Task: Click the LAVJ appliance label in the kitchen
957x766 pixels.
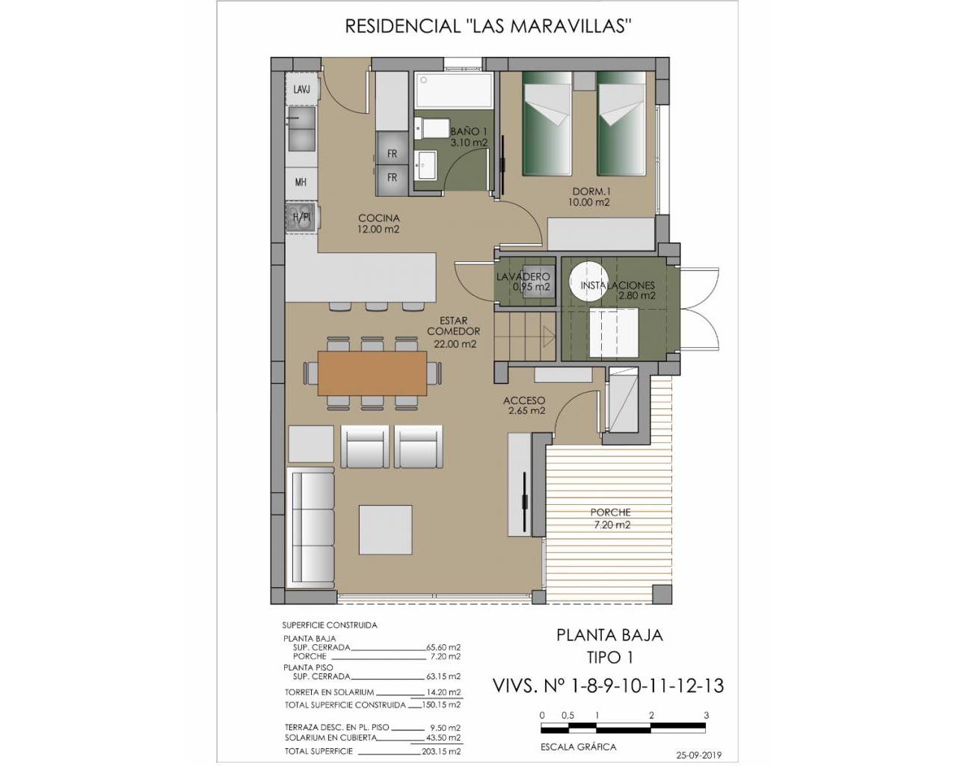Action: (x=301, y=90)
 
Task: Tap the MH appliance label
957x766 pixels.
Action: (x=301, y=182)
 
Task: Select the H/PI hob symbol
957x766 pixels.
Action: (x=301, y=217)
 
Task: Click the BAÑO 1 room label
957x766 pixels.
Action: (x=469, y=132)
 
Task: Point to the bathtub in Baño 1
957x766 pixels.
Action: (x=454, y=90)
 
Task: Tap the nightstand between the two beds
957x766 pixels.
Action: (x=584, y=81)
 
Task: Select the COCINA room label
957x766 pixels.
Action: (x=379, y=218)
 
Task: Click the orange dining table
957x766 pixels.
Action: (x=372, y=373)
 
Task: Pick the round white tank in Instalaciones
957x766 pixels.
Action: (x=588, y=281)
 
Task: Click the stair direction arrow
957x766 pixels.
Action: (x=548, y=337)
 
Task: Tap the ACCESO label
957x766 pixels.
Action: (x=524, y=401)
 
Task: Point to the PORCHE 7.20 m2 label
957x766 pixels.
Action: (x=612, y=518)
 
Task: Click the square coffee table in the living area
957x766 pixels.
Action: (x=386, y=530)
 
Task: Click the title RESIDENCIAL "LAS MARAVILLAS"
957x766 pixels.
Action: (x=488, y=26)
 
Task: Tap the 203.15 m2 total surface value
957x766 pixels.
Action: (x=440, y=752)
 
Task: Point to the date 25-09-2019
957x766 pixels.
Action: (x=698, y=756)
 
